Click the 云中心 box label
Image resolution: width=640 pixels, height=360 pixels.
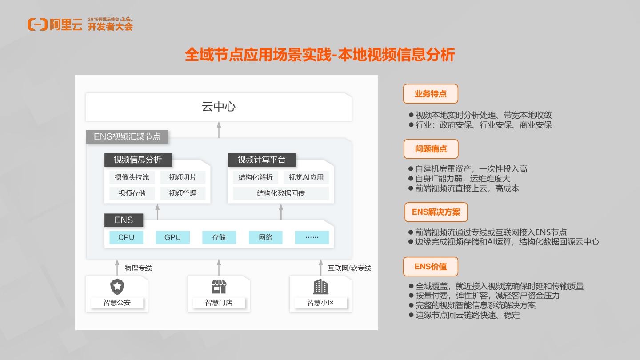click(219, 107)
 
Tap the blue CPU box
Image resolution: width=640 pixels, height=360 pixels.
click(126, 237)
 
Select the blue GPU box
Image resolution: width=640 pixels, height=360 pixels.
click(172, 237)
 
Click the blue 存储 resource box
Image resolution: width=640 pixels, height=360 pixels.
click(219, 237)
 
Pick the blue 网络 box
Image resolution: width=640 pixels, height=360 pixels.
click(265, 237)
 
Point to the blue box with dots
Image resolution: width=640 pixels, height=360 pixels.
click(312, 237)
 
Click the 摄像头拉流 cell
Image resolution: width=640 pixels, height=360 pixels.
click(132, 177)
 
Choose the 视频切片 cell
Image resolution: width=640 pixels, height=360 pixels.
click(183, 177)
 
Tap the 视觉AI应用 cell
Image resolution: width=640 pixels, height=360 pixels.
click(306, 177)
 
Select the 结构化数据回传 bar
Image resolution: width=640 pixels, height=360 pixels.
click(281, 193)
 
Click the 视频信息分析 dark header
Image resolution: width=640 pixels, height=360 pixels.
click(138, 160)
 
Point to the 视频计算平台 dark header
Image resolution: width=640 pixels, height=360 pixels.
click(261, 160)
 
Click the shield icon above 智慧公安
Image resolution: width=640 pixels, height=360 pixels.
click(117, 287)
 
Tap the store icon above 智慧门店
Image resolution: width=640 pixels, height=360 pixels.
click(219, 287)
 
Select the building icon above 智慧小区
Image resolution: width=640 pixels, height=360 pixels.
click(320, 287)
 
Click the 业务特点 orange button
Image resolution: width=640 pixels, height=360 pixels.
click(430, 94)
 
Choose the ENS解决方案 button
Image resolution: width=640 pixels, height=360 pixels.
click(436, 212)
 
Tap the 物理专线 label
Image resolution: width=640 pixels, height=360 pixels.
click(138, 268)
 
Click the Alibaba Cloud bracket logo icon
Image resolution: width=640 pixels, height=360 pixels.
click(37, 25)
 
